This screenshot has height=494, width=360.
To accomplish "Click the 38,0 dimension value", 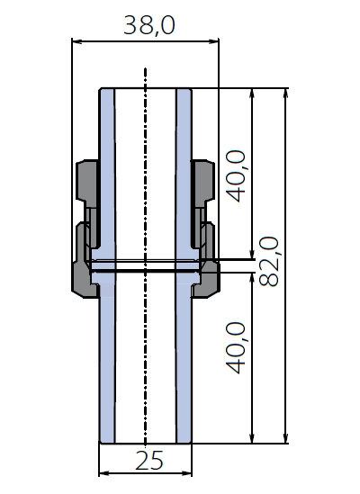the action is click(x=149, y=25).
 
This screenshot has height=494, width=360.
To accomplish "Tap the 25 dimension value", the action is click(x=149, y=461).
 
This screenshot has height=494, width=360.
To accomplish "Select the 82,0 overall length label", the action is click(x=269, y=262).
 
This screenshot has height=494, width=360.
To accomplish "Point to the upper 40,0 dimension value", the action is click(x=236, y=176).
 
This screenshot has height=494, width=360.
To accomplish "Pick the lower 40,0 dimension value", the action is click(x=236, y=347).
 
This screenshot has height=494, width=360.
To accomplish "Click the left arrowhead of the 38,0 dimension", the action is click(x=76, y=41).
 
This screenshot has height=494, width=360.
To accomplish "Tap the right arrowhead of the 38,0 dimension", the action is click(x=214, y=41).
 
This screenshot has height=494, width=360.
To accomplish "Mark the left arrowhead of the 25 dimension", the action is click(x=104, y=473).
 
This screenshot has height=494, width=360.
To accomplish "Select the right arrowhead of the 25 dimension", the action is click(x=187, y=473).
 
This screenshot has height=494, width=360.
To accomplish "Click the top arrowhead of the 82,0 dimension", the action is click(x=285, y=94).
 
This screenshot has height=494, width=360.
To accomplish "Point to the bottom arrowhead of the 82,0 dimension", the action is click(x=285, y=438).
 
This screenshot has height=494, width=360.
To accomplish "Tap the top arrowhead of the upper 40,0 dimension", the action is click(x=252, y=94).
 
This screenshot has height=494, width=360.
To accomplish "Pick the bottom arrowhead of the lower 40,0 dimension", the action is click(x=252, y=438).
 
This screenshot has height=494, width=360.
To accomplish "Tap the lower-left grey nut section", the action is click(x=83, y=271).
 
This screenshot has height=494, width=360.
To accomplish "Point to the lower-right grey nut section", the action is click(x=209, y=271).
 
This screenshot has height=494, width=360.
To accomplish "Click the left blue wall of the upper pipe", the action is click(x=107, y=170).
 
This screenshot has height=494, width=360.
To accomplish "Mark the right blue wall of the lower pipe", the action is click(x=184, y=363).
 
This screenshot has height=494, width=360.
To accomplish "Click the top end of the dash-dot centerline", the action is click(x=145, y=68).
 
